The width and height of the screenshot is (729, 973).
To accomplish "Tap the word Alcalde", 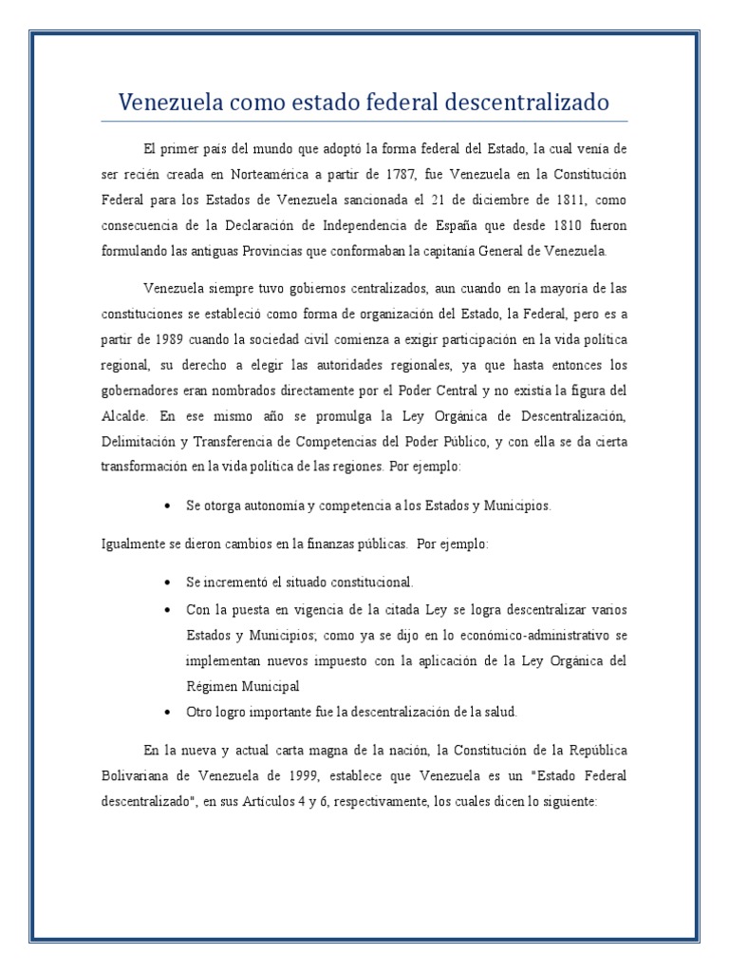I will click(x=122, y=415).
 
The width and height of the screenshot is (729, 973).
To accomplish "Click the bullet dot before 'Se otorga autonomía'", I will click(x=167, y=506).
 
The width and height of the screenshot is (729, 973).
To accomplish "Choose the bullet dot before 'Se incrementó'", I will click(x=167, y=582).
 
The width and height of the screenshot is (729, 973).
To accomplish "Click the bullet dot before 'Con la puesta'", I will click(x=167, y=608).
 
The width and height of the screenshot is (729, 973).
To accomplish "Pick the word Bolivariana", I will click(x=135, y=775).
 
